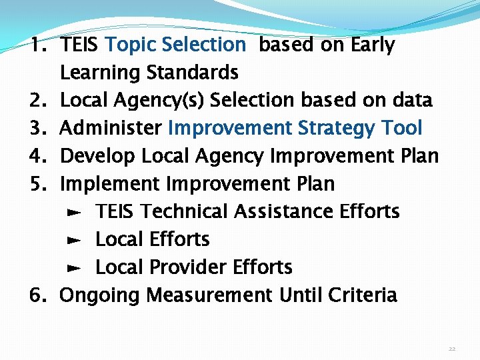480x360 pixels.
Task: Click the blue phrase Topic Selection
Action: tap(175, 45)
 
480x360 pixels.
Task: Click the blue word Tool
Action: tap(402, 128)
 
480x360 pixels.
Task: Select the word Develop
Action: tap(97, 156)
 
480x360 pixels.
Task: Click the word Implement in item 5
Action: tap(111, 183)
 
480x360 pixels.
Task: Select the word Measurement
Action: tap(209, 295)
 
